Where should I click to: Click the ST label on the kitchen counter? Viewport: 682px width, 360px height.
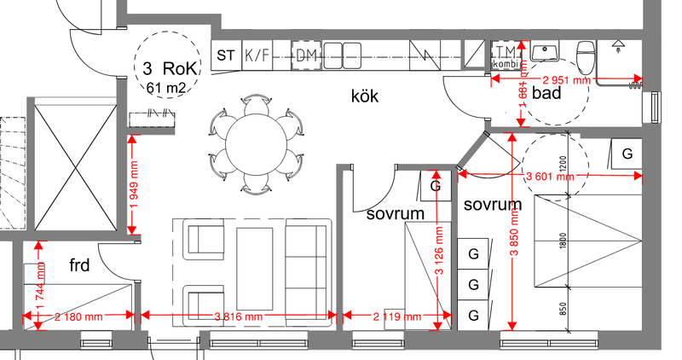[x=226, y=55]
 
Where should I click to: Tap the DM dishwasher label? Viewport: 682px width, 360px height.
[x=307, y=55]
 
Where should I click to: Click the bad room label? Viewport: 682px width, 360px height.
[x=546, y=93]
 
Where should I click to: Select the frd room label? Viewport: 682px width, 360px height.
[x=80, y=265]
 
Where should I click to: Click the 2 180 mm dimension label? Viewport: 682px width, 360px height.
[x=78, y=316]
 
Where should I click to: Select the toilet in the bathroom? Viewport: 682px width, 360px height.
[x=586, y=56]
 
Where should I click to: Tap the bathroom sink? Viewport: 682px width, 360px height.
[x=543, y=53]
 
